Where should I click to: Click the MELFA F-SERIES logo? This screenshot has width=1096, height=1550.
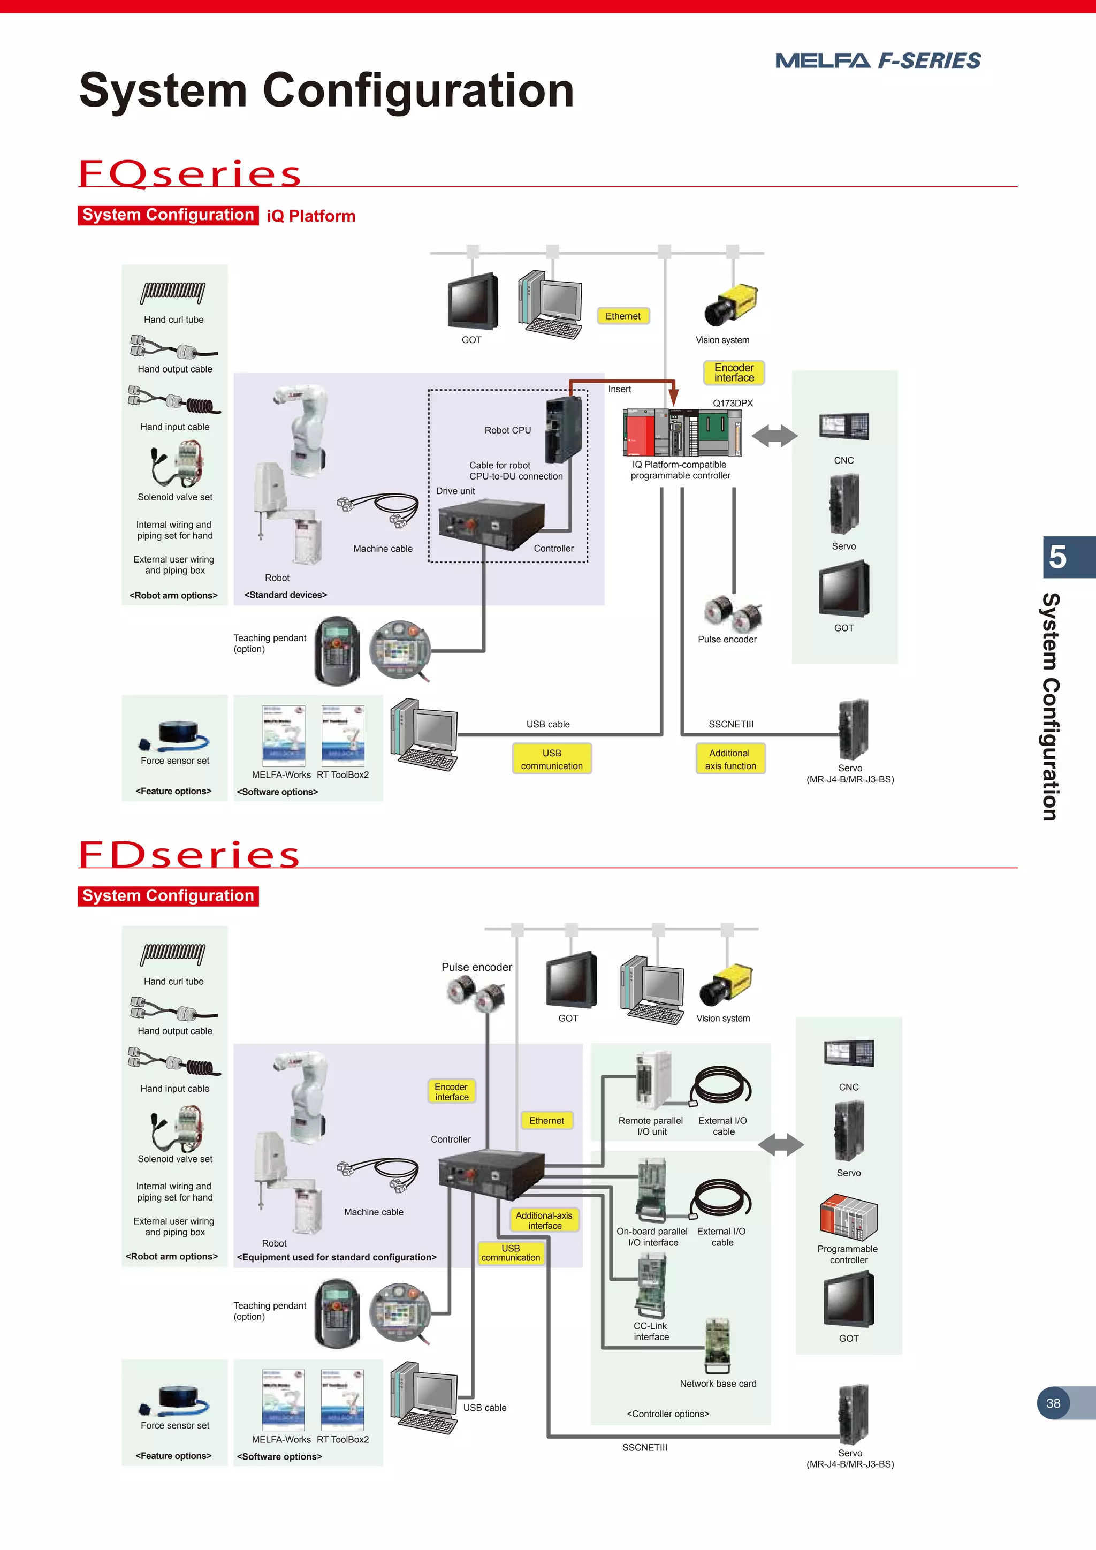click(x=877, y=61)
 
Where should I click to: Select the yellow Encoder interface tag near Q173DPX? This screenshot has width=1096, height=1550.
click(x=734, y=373)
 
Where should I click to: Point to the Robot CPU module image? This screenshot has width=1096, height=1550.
click(x=563, y=429)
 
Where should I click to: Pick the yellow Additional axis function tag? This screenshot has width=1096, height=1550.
click(x=730, y=759)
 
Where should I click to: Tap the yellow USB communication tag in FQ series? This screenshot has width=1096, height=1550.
click(x=551, y=759)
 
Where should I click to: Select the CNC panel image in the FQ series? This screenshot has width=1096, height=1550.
click(x=843, y=427)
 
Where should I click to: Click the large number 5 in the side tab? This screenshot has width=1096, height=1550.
click(x=1057, y=558)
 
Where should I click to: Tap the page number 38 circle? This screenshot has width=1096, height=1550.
click(x=1053, y=1403)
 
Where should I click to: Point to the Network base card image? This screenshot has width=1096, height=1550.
click(x=718, y=1346)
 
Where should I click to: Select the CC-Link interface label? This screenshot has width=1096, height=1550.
click(x=651, y=1331)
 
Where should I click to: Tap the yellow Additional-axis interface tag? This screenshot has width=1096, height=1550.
click(x=544, y=1220)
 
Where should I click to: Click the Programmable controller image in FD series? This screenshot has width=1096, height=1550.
click(x=848, y=1218)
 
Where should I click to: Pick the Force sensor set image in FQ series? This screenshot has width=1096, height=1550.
click(x=175, y=736)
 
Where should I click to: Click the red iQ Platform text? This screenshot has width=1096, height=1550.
click(x=310, y=216)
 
